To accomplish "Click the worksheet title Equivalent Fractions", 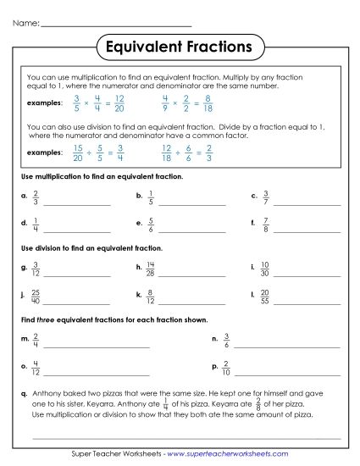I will [x=180, y=43].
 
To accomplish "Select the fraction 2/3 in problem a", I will [x=36, y=199].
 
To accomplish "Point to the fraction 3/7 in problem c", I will [x=265, y=199].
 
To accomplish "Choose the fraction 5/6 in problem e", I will [x=150, y=226].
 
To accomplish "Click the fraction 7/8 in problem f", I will [x=265, y=226].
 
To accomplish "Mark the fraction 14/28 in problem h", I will [x=151, y=270].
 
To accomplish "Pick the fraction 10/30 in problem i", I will [x=266, y=270].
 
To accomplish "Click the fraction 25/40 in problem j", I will [x=36, y=297].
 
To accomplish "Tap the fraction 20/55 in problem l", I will [x=266, y=297].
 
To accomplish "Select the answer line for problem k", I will [x=191, y=302].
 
